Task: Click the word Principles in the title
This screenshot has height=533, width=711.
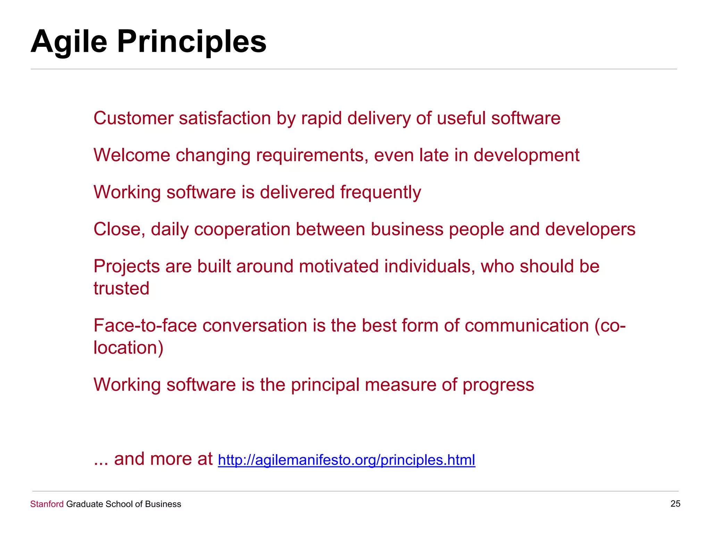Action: (x=192, y=42)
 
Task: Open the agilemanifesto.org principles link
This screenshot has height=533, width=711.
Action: (x=346, y=460)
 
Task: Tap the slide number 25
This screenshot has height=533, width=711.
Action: (x=675, y=504)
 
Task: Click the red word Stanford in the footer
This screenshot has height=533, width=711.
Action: (x=47, y=504)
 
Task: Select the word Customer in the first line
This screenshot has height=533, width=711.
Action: (x=133, y=118)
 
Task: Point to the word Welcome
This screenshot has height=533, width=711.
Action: (x=132, y=155)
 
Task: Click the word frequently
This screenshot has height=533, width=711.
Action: (x=380, y=193)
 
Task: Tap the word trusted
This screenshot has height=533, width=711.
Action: (x=121, y=288)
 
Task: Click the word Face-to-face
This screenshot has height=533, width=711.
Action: (x=145, y=325)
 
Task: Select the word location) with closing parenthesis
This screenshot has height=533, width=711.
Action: (x=128, y=348)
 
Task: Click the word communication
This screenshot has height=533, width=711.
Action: (x=527, y=325)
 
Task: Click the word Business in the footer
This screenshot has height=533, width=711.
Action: (x=163, y=504)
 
